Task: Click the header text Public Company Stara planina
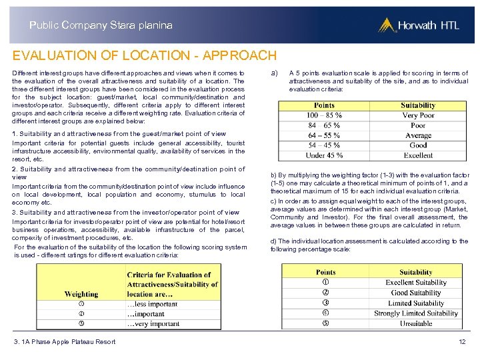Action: pos(101,25)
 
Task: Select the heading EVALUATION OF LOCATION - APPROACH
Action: pos(144,55)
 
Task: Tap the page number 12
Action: pos(462,342)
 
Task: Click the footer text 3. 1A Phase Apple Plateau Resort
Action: pos(65,342)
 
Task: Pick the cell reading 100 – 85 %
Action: pos(324,115)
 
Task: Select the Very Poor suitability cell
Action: pos(418,115)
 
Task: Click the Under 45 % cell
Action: pos(324,155)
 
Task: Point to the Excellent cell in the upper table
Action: pos(418,155)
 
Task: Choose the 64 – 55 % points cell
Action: pos(324,135)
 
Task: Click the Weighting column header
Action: pos(81,294)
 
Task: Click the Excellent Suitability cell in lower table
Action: pos(416,283)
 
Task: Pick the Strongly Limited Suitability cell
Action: pos(416,313)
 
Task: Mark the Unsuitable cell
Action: pos(416,323)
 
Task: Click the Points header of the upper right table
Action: pos(324,105)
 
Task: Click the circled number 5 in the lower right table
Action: pos(325,323)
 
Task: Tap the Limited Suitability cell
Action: pos(416,303)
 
